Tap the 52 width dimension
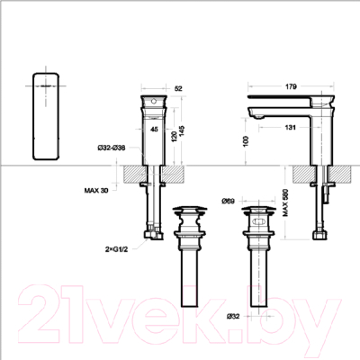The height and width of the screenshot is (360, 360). coord(177,87)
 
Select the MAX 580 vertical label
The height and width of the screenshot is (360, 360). coord(286,206)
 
